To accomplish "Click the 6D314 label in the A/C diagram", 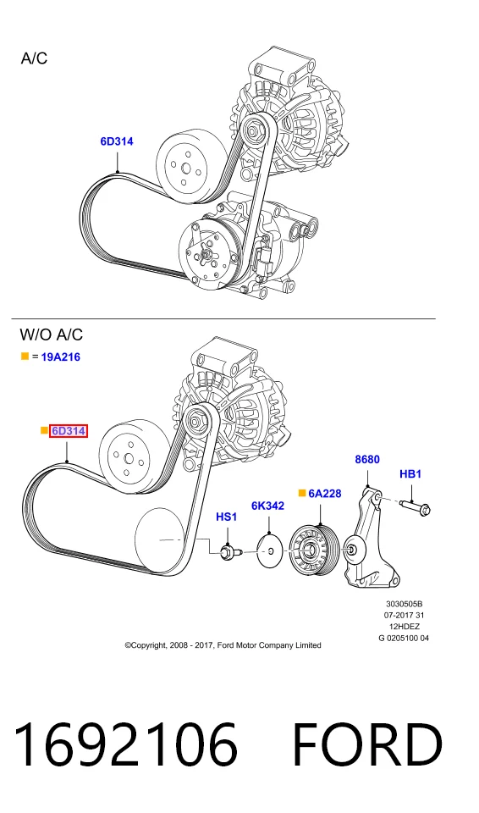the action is point(117,141).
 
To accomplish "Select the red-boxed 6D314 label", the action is point(69,431).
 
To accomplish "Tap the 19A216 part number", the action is point(61,357).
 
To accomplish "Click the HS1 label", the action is point(226,517).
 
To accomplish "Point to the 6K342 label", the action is point(268,506).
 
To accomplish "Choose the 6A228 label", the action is point(325,493).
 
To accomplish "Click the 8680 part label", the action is point(367,459).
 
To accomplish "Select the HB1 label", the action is point(410,474).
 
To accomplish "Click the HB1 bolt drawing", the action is point(416,506).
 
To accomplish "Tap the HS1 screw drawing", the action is point(229,553).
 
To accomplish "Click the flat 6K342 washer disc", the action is point(270,551).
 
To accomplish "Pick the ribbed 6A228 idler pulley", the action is point(314,550).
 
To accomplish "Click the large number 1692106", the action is point(125,744).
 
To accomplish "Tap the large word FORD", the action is point(367,744).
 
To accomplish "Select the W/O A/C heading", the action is point(52,335).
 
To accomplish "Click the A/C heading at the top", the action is point(34,58).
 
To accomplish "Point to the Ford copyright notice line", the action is point(223,645).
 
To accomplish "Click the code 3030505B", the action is point(404,604).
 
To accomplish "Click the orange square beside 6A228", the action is point(302,493).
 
